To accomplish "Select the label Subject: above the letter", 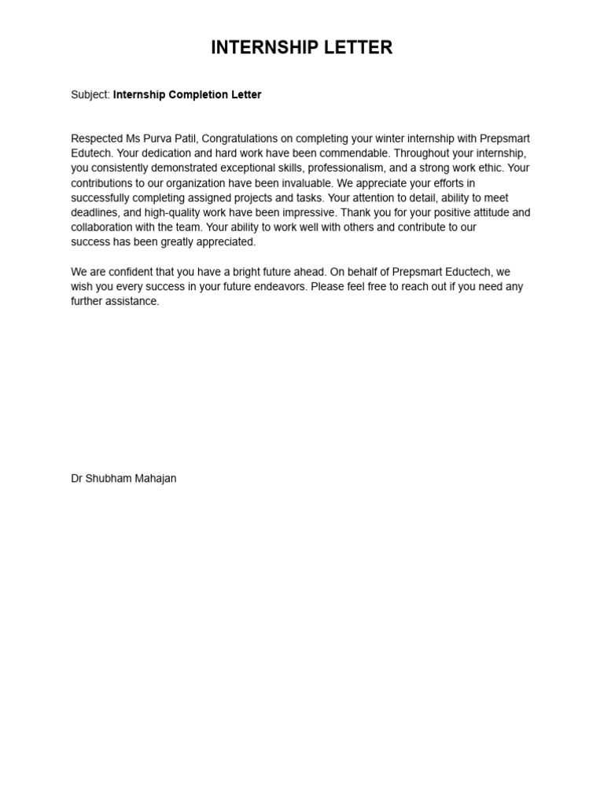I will coord(90,95).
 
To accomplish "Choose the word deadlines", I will coord(95,213).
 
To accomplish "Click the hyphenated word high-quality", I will coord(153,213).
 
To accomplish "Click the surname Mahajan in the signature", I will coord(154,479).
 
